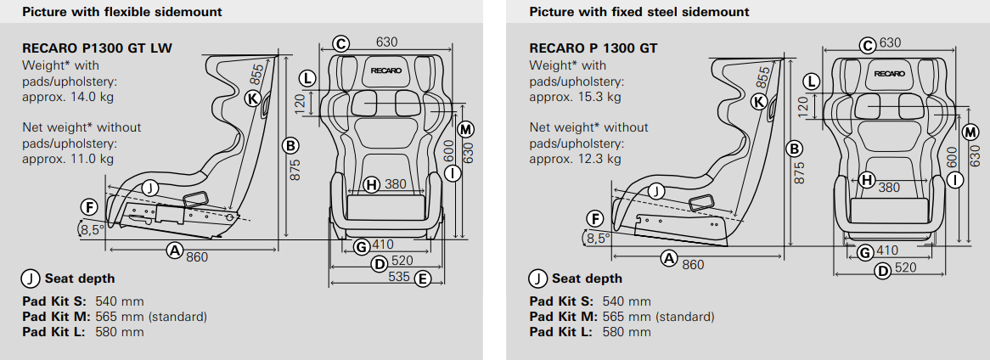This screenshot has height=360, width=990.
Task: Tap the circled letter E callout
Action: [x=422, y=278]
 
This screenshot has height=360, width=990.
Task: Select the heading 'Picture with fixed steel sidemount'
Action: [x=627, y=12]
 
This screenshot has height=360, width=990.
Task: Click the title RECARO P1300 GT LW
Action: [x=97, y=48]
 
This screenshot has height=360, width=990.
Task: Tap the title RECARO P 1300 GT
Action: [x=593, y=48]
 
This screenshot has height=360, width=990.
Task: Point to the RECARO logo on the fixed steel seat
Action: [x=890, y=74]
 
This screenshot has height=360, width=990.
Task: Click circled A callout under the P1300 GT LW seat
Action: [x=175, y=250]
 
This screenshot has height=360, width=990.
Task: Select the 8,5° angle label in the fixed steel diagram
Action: [x=599, y=239]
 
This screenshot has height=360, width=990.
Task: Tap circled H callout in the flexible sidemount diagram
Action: [x=371, y=184]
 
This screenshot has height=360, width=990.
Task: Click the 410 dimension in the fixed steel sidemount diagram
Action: [x=887, y=251]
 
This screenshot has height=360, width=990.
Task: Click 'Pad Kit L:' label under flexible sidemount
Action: [x=50, y=332]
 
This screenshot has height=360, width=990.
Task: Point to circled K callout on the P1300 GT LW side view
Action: [x=251, y=98]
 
